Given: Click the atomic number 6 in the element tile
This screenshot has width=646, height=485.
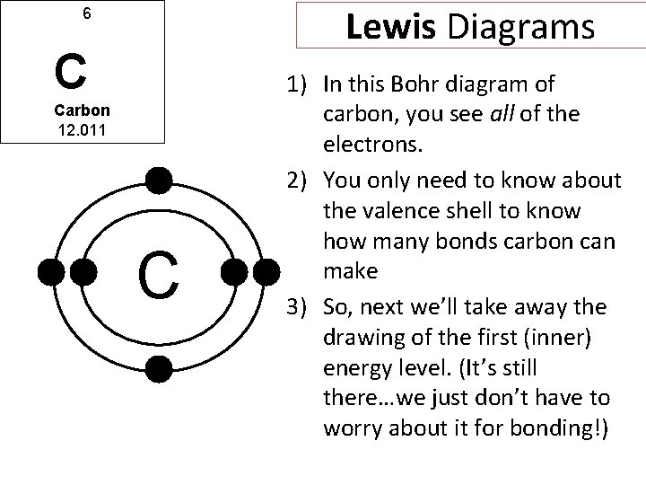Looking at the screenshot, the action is (x=86, y=14).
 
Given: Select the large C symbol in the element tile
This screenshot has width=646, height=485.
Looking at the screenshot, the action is (x=70, y=71).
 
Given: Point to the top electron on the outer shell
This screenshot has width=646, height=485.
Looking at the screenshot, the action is (x=159, y=181).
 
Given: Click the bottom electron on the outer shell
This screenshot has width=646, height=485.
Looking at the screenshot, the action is (x=159, y=366).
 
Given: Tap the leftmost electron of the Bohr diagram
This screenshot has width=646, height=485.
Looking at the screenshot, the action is (x=51, y=271).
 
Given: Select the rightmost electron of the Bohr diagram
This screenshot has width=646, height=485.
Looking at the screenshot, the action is (x=267, y=271).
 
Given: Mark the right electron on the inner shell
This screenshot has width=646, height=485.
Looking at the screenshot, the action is (x=234, y=271).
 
